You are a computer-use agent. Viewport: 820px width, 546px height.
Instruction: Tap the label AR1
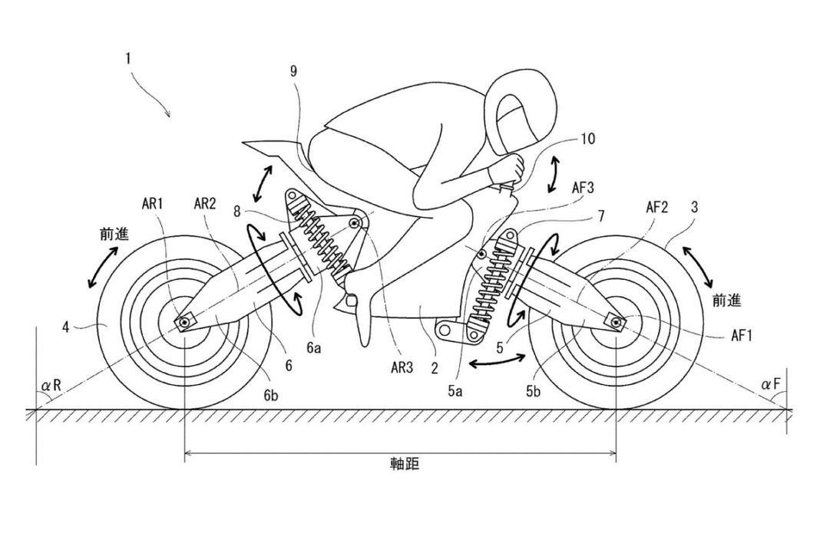click(x=152, y=204)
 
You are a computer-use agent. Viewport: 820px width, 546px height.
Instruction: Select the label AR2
click(x=205, y=204)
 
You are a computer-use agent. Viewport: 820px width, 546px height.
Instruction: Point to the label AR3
click(x=402, y=368)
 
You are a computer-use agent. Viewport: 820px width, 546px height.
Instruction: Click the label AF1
click(x=741, y=335)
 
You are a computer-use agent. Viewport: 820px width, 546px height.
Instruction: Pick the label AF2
click(x=656, y=207)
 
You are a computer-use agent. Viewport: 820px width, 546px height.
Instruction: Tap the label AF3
click(x=583, y=187)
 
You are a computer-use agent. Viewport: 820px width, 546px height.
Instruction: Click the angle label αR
click(x=51, y=386)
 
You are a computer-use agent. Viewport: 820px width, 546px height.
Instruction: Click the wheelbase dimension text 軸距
click(x=405, y=463)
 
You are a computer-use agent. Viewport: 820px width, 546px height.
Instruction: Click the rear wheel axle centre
click(x=184, y=324)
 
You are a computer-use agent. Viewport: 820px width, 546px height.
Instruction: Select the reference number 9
click(x=293, y=71)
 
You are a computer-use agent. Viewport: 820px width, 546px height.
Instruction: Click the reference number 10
click(x=587, y=139)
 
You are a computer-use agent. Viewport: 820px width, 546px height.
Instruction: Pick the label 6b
click(x=271, y=395)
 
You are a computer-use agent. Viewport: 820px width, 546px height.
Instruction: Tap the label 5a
click(x=455, y=391)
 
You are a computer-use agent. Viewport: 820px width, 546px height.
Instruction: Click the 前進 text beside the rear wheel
click(x=114, y=235)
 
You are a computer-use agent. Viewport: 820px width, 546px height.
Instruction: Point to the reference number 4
click(x=66, y=328)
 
